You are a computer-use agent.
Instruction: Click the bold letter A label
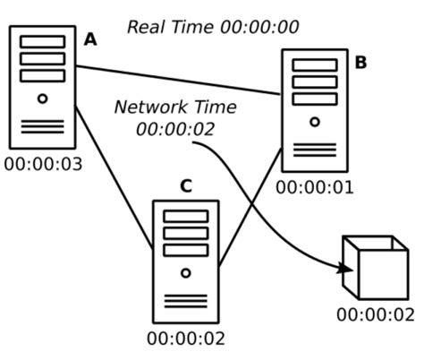(x=90, y=39)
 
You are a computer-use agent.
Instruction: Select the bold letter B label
(x=360, y=62)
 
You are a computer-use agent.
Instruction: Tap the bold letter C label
(x=185, y=186)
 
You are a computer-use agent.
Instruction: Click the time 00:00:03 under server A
(x=43, y=164)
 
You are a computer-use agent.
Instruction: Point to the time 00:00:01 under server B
(x=315, y=187)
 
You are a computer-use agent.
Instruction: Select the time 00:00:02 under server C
(x=186, y=339)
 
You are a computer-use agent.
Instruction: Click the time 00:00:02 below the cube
(x=376, y=314)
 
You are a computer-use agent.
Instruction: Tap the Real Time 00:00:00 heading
(x=213, y=27)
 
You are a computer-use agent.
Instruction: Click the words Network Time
(x=175, y=107)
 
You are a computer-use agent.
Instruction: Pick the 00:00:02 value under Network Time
(x=175, y=129)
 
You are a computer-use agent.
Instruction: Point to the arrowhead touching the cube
(x=346, y=268)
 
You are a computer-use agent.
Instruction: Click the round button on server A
(x=42, y=99)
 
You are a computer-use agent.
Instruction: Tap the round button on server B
(x=315, y=122)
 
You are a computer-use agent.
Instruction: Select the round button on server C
(x=186, y=272)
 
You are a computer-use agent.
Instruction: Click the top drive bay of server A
(x=42, y=42)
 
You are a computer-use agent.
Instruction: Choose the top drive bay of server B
(x=315, y=65)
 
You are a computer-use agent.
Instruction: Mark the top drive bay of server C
(x=186, y=217)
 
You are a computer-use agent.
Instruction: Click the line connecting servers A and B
(x=179, y=80)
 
